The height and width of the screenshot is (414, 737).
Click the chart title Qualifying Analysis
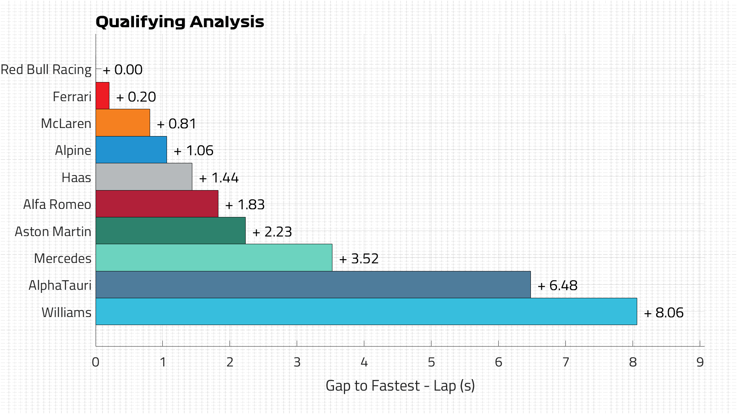[180, 22]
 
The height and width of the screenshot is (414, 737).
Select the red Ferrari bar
[102, 96]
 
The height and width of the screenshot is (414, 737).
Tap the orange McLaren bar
[123, 123]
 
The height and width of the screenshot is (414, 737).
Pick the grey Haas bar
[144, 177]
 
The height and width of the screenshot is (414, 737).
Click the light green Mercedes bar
[214, 258]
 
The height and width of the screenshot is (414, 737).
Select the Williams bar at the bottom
[366, 312]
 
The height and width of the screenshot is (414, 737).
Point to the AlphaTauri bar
[313, 284]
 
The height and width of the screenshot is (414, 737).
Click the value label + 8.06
[664, 313]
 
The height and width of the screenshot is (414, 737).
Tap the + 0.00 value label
[123, 70]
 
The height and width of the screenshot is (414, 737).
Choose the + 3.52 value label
[359, 259]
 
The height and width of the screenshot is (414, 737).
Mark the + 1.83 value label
[245, 205]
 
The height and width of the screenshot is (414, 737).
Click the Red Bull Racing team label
[46, 70]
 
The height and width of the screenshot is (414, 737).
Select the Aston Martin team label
[53, 232]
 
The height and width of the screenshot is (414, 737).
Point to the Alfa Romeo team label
[57, 204]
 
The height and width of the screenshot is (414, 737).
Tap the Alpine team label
[73, 150]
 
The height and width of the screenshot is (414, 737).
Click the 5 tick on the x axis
[431, 362]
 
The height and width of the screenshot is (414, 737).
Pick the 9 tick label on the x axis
[700, 362]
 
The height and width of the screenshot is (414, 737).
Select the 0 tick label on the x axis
[96, 362]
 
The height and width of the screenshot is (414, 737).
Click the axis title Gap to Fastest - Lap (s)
[400, 386]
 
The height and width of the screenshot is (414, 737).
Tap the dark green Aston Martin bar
[170, 231]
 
